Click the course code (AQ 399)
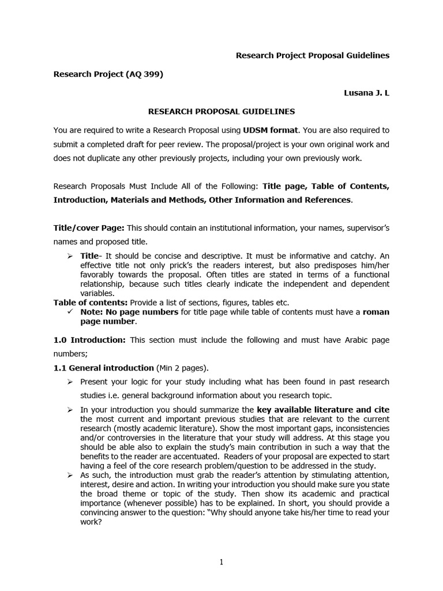144,74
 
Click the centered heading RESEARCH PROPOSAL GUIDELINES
221,111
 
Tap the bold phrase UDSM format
269,130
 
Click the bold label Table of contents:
91,302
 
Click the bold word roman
376,312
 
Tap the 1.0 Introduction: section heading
89,340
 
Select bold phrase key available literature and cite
323,410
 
